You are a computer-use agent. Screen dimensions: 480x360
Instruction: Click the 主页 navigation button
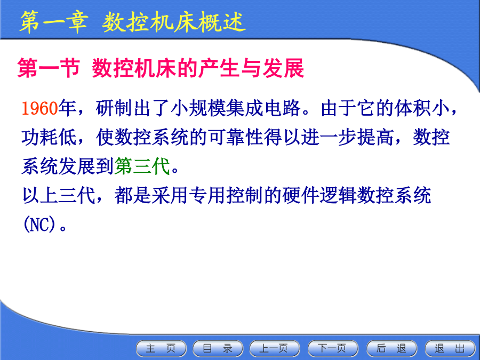[x=161, y=348]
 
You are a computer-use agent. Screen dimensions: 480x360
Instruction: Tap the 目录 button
[x=218, y=348]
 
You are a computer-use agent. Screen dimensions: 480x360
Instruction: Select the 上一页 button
[x=274, y=348]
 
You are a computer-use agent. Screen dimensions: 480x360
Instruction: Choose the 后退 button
[x=391, y=348]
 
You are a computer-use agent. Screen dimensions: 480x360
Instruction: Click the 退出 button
[x=450, y=348]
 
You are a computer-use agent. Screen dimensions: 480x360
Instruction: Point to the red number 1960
[x=40, y=108]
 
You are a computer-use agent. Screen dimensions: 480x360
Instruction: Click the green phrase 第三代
[x=142, y=166]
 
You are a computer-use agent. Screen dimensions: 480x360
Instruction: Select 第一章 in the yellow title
[x=54, y=22]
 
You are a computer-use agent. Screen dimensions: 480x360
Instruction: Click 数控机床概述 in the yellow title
[x=174, y=22]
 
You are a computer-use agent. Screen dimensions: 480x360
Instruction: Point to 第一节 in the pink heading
[x=49, y=68]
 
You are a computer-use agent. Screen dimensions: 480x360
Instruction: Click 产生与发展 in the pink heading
[x=251, y=68]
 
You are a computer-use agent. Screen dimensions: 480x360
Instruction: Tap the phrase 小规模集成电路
[x=235, y=108]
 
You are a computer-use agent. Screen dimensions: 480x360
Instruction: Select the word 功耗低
[x=49, y=137]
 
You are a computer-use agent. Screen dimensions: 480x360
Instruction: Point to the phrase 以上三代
[x=59, y=195]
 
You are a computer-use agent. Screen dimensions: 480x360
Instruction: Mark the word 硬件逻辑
[x=319, y=195]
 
